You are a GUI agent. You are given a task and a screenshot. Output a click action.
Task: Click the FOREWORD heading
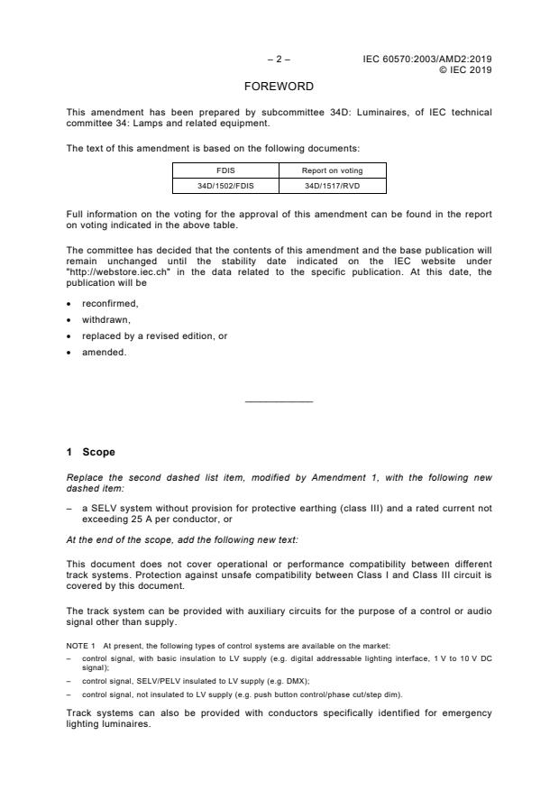coord(279,87)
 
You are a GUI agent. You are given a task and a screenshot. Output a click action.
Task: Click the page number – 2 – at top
coord(279,60)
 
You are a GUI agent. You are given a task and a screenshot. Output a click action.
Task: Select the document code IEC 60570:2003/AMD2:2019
coord(427,60)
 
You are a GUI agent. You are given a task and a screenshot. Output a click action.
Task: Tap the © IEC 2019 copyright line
coord(464,69)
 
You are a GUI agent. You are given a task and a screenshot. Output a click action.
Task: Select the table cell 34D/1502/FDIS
coord(225,187)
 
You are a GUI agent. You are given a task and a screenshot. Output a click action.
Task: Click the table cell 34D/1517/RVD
coord(333,187)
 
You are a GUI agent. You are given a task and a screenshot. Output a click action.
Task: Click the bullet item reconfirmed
coord(110,304)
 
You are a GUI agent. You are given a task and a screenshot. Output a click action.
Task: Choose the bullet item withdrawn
coord(106,320)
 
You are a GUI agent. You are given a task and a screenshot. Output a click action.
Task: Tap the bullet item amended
coord(105,353)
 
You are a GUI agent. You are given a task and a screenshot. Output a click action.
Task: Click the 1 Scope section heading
coord(91,453)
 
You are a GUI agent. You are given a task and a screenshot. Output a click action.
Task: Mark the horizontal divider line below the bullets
coord(279,401)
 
